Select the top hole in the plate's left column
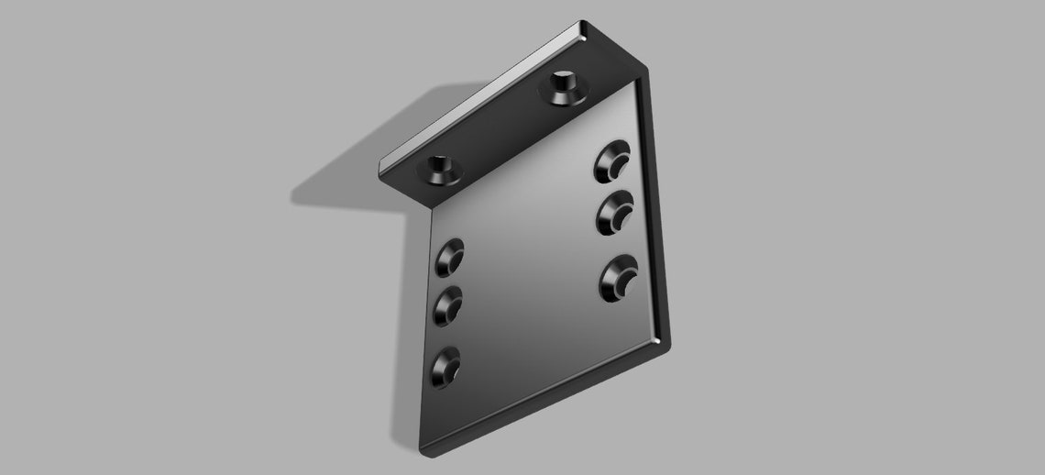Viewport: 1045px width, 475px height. tap(449, 256)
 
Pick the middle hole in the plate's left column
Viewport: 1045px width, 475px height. tap(448, 304)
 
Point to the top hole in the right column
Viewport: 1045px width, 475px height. tap(611, 162)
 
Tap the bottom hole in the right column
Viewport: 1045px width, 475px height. tap(619, 277)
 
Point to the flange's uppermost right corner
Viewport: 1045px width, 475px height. tap(583, 26)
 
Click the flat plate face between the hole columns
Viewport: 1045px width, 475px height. tap(532, 266)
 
